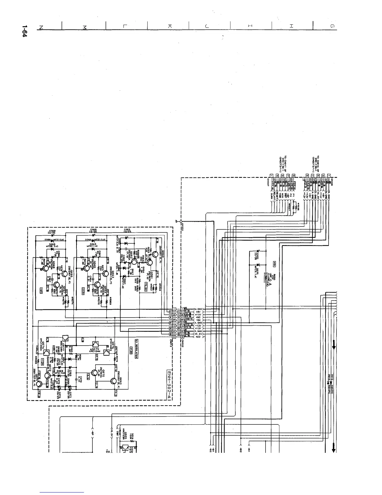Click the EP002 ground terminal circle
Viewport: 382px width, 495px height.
point(181,221)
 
